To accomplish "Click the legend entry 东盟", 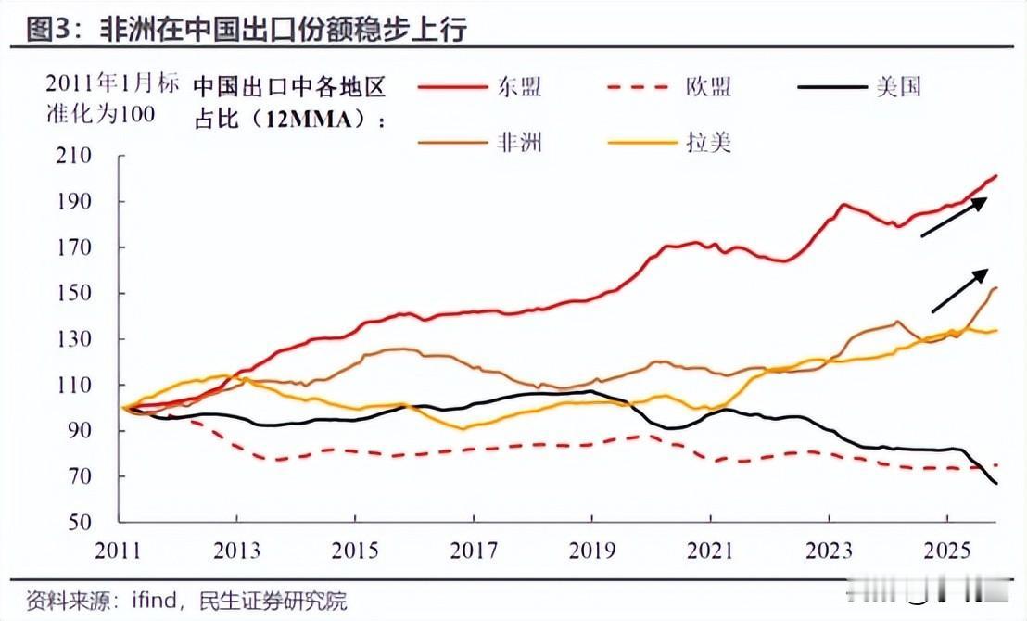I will (518, 87).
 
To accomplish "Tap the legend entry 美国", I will (897, 87).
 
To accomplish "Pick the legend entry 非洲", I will (518, 142).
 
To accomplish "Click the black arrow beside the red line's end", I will (954, 217).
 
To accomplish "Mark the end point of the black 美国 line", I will (995, 483).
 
